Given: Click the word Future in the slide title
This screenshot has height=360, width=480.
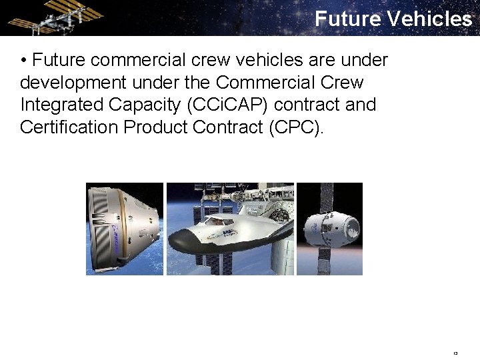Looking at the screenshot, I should tap(347, 18).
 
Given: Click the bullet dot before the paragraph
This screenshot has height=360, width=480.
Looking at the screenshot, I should tap(24, 61).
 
